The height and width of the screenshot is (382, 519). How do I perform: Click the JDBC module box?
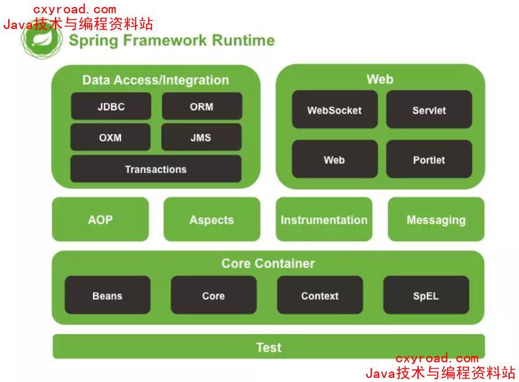point(111,107)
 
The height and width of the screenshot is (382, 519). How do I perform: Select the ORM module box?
point(202,107)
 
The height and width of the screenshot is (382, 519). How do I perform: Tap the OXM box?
point(110,138)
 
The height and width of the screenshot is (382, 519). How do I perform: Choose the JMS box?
point(201,138)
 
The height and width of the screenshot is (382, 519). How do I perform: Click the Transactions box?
point(155,169)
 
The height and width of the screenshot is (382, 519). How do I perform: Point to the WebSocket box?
point(334,110)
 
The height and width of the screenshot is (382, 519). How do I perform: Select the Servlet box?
point(429,110)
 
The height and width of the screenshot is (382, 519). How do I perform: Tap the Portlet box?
point(429,160)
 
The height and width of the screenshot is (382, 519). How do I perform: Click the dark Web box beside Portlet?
point(334,160)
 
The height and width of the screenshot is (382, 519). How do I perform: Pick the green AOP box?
point(100,220)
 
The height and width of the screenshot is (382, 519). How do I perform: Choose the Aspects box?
point(212,220)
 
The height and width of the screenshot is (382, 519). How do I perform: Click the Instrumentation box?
point(324,220)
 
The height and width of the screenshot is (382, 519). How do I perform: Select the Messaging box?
point(436,220)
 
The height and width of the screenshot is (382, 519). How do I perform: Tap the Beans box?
point(107,296)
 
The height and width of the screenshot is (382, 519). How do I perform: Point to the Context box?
point(320,296)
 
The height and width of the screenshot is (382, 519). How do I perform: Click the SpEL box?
point(426,296)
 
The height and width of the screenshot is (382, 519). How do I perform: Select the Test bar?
point(268,347)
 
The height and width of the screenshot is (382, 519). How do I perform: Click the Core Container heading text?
point(268,263)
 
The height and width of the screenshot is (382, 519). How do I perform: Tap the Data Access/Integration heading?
point(155,80)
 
